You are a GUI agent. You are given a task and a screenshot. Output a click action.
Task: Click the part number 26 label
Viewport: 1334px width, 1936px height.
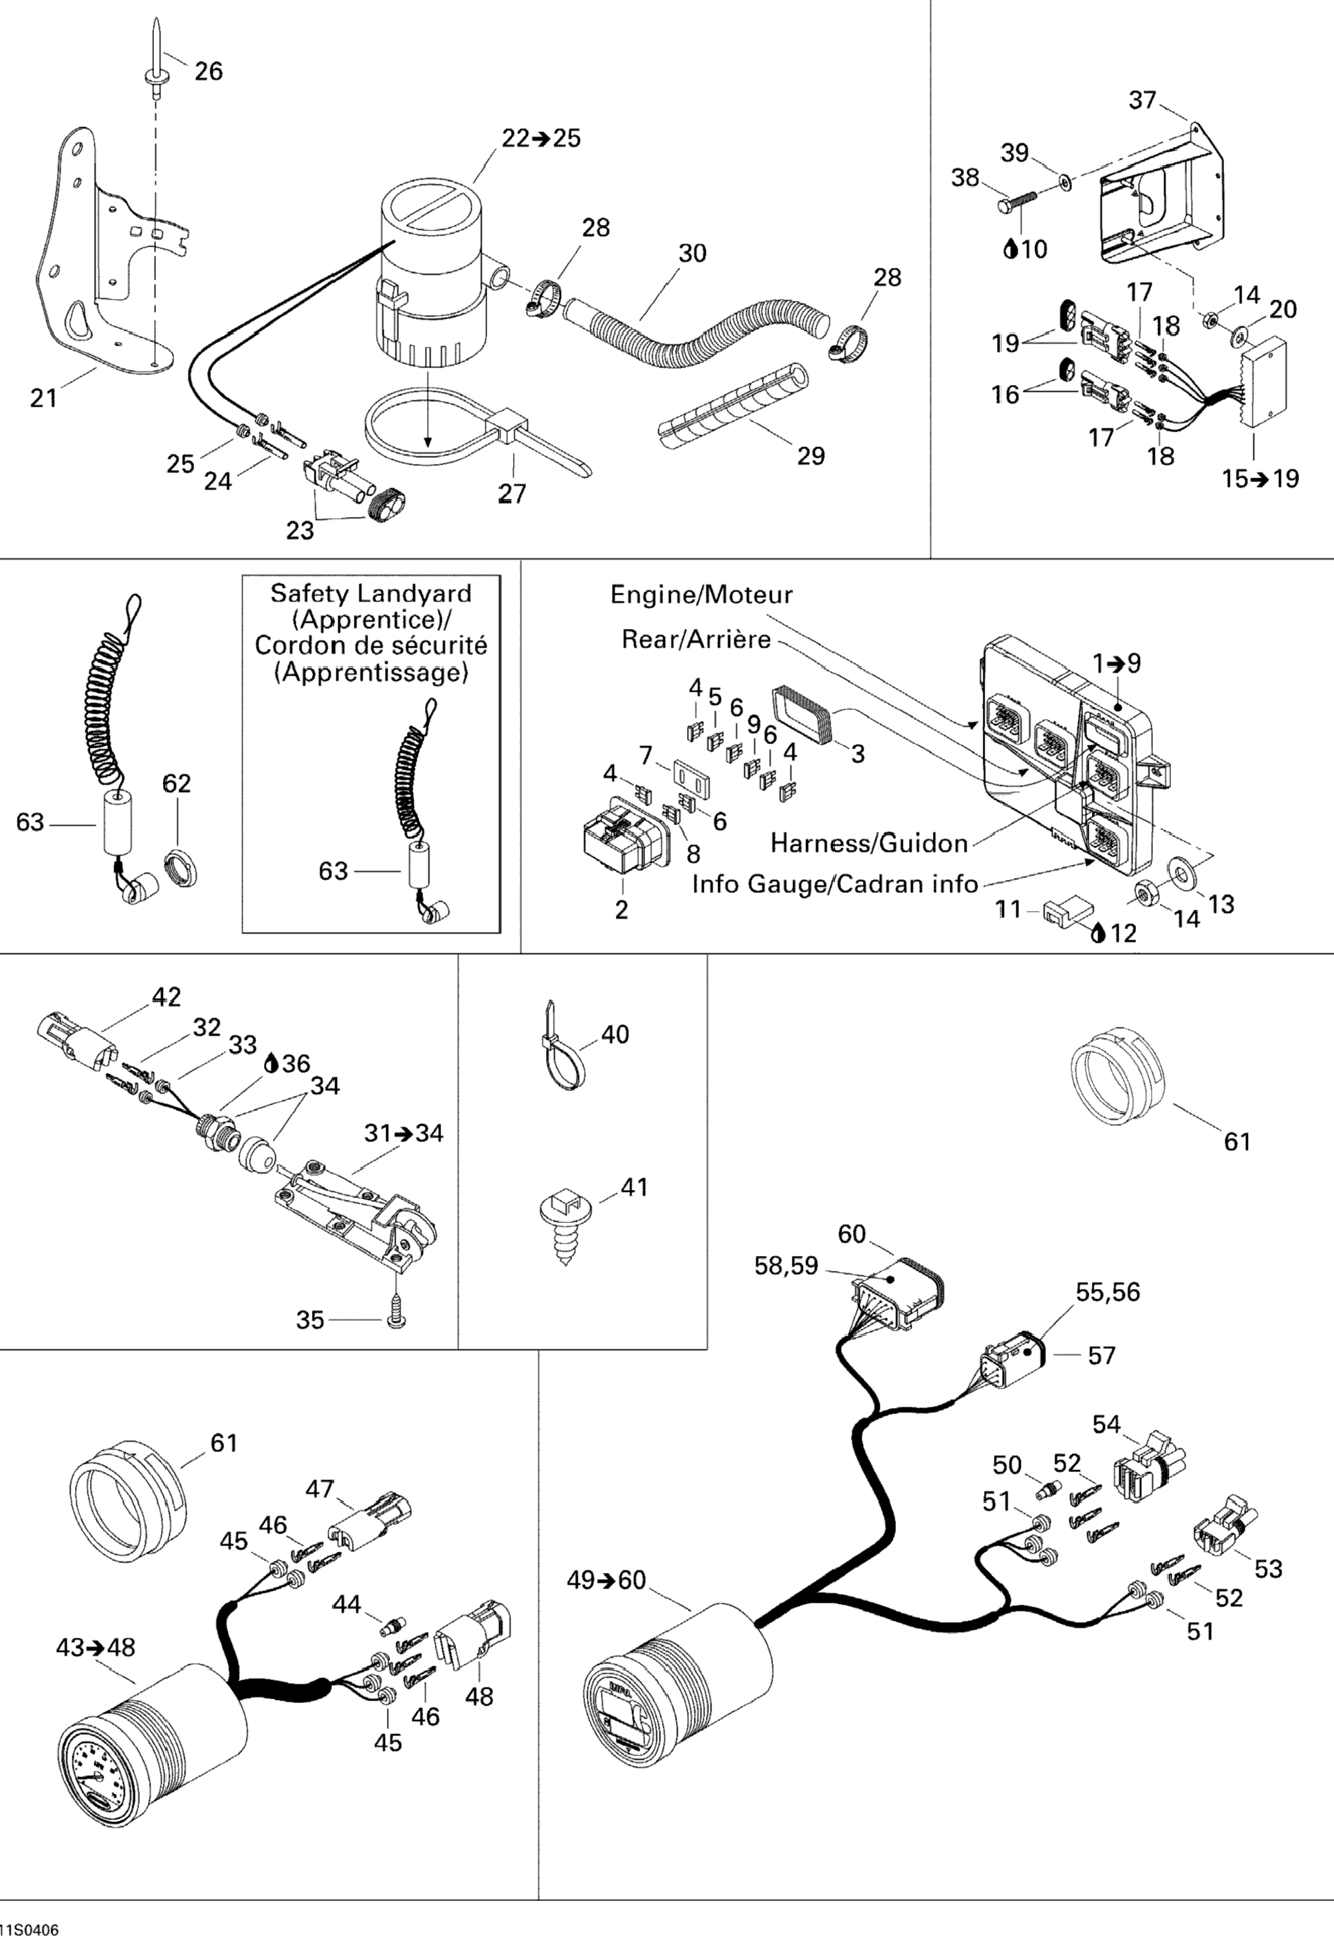coord(208,71)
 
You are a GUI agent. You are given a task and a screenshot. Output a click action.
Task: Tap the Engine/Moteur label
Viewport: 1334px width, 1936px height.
coord(701,595)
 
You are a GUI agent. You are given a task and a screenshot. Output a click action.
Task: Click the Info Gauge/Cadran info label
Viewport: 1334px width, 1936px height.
coord(834,884)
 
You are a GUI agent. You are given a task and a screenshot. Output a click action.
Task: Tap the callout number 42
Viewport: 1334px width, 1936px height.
coord(166,996)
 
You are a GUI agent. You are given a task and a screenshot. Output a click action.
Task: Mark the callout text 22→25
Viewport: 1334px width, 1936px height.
coord(541,138)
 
